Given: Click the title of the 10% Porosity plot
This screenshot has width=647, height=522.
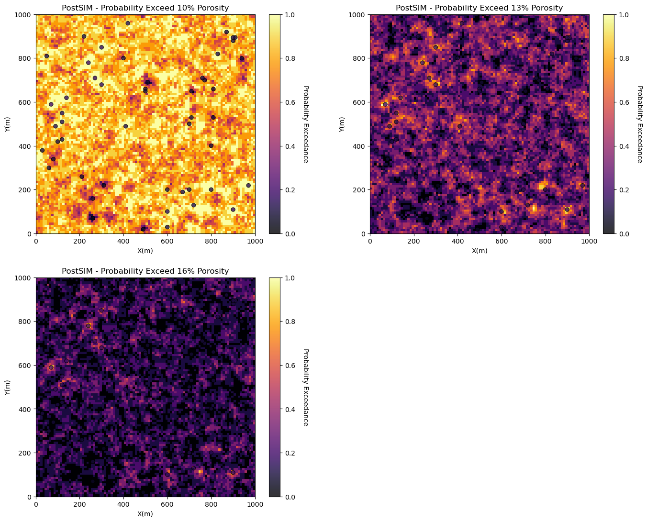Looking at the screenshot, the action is pyautogui.click(x=145, y=8).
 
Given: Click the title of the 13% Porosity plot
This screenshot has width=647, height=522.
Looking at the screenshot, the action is pyautogui.click(x=479, y=8).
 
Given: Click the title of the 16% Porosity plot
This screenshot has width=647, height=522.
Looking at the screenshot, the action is pyautogui.click(x=145, y=271).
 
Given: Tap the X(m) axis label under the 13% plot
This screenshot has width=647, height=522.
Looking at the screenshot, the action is pyautogui.click(x=480, y=251).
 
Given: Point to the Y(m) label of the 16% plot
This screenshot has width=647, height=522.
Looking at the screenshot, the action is pyautogui.click(x=7, y=388).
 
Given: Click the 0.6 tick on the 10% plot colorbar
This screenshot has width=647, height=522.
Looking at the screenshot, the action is pyautogui.click(x=290, y=102).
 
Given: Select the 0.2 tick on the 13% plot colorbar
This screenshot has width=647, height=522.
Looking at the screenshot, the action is pyautogui.click(x=624, y=190).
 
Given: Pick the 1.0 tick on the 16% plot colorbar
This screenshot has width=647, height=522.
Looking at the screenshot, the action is pyautogui.click(x=290, y=278).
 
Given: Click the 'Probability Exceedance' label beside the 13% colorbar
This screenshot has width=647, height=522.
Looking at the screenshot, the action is pyautogui.click(x=640, y=124).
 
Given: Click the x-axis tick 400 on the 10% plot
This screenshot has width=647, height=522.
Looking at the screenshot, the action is pyautogui.click(x=123, y=241).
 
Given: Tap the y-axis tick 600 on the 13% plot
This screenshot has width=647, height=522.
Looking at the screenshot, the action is pyautogui.click(x=359, y=102).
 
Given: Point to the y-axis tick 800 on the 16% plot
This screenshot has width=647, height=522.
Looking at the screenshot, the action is pyautogui.click(x=25, y=322).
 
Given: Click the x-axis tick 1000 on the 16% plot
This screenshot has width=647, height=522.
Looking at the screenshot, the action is pyautogui.click(x=255, y=504).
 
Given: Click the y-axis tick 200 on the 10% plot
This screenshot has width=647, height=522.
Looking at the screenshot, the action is pyautogui.click(x=25, y=190).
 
